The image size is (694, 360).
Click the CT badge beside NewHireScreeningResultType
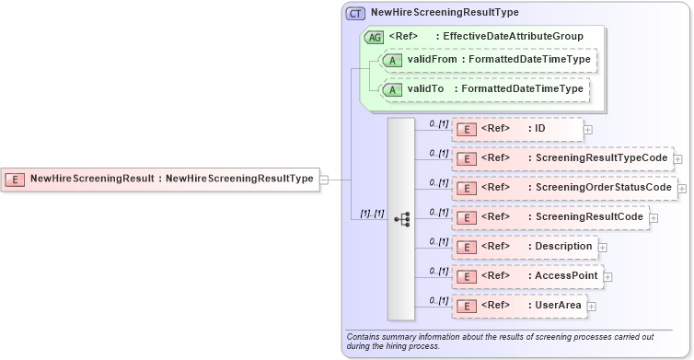(x=354, y=14)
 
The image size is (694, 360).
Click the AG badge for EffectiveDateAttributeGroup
(x=375, y=38)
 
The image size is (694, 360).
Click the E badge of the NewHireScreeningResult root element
(x=16, y=179)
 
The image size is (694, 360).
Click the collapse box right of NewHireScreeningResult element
(x=324, y=180)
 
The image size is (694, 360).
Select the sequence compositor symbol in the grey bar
(x=401, y=219)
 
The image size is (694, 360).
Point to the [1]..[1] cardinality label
(x=372, y=213)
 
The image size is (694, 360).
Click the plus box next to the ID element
(x=588, y=130)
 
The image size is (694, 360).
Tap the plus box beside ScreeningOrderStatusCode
(x=682, y=188)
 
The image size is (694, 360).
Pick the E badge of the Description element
(x=467, y=247)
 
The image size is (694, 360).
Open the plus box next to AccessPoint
(x=608, y=276)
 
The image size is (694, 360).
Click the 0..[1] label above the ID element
(x=439, y=123)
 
